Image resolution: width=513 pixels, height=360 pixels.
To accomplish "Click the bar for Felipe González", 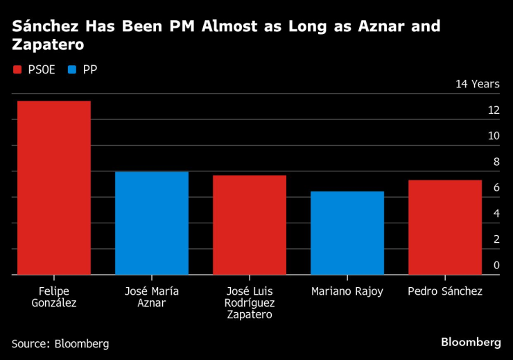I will [x=54, y=188].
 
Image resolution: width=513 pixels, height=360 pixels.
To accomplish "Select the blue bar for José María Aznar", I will [x=152, y=223].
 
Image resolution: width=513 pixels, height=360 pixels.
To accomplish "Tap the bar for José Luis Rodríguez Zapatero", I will [x=250, y=225].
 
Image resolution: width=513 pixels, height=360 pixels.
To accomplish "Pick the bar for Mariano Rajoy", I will [x=347, y=233].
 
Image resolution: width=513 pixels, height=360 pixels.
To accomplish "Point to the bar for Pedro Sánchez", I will [x=445, y=228].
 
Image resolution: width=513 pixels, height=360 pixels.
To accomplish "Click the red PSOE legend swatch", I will [x=17, y=69].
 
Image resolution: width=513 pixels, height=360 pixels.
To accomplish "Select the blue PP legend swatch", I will [x=72, y=69].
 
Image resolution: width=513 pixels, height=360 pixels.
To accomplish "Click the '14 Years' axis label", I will [x=477, y=84].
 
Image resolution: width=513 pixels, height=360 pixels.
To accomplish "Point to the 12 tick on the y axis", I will [x=494, y=110].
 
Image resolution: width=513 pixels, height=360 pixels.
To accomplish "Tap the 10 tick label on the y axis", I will [x=494, y=136].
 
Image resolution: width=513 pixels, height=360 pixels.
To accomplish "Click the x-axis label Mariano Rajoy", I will [x=347, y=291].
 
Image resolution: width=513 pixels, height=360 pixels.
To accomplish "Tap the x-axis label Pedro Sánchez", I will [x=445, y=291].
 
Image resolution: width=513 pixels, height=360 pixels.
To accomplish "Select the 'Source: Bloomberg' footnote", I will [x=60, y=343].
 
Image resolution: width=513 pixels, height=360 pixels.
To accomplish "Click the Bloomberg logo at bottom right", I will [x=471, y=342].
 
